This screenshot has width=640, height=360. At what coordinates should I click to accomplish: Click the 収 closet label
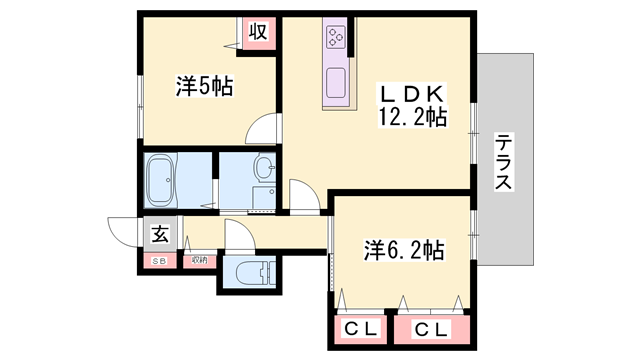pos(257,31)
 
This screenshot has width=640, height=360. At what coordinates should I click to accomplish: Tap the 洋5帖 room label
pos(204,87)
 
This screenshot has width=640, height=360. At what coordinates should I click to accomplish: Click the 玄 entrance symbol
pos(160,235)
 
